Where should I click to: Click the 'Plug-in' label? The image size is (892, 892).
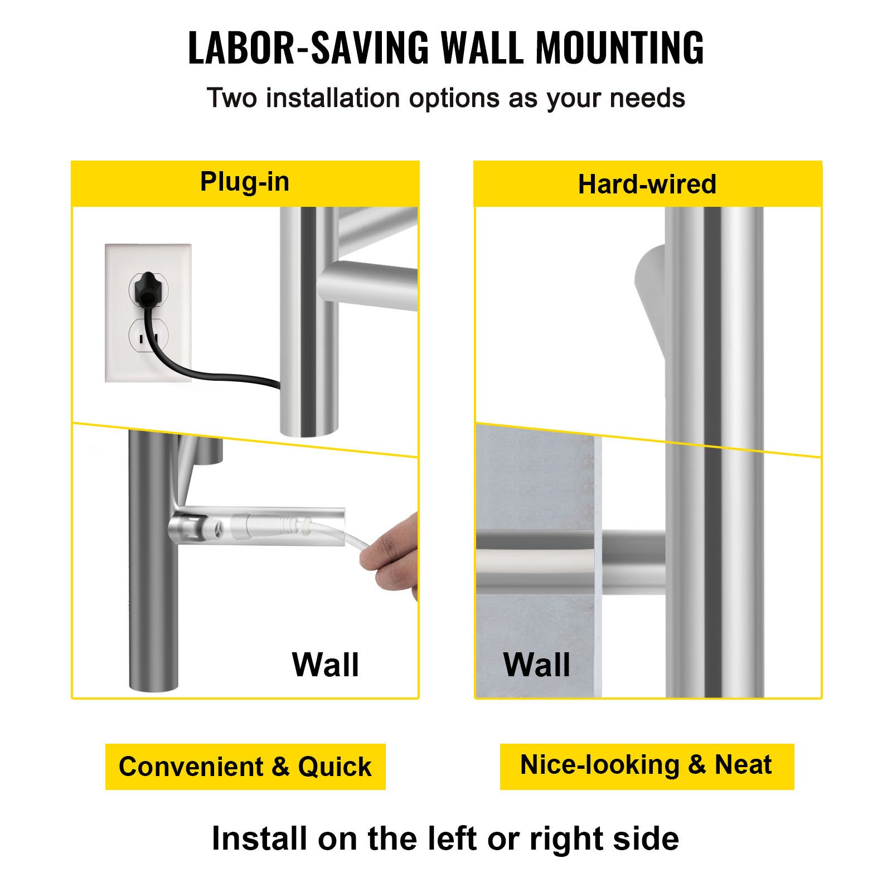tap(245, 182)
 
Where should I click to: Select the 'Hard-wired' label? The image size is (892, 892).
tap(647, 184)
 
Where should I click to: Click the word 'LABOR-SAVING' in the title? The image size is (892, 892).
tap(308, 48)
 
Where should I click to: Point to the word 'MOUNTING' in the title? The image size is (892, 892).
tap(620, 48)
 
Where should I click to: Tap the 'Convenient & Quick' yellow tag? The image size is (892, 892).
tap(245, 767)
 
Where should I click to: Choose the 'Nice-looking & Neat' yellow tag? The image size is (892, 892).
tap(647, 765)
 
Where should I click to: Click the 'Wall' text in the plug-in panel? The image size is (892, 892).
tap(326, 665)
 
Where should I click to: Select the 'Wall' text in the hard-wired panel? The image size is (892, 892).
tap(537, 665)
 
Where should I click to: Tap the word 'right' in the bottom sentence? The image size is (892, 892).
tap(565, 841)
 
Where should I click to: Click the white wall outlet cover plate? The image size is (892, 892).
tap(148, 313)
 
